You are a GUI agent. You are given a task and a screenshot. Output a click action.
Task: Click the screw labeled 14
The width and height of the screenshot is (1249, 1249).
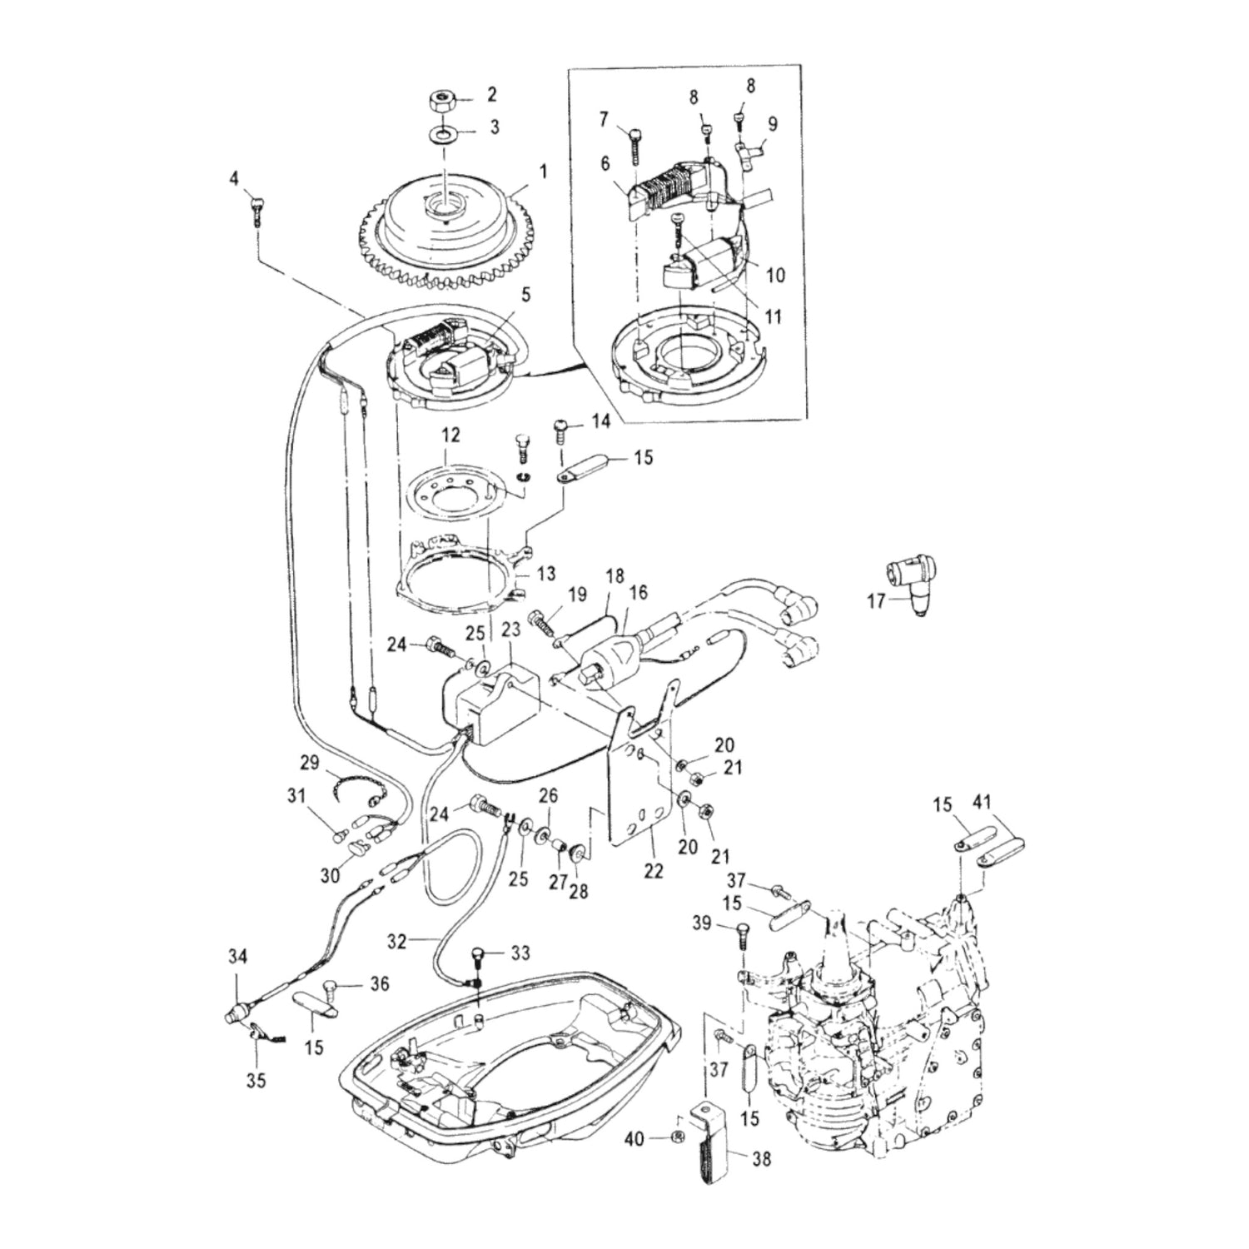click(x=560, y=435)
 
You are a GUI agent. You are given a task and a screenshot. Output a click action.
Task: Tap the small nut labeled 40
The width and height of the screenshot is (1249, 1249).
click(x=678, y=1137)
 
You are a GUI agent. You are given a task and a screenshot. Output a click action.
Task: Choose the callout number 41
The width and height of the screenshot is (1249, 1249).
click(x=983, y=804)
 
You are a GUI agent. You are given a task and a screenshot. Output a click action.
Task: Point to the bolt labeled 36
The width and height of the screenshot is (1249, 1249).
click(x=331, y=988)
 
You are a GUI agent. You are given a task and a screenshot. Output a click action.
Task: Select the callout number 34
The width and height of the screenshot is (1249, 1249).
click(x=237, y=958)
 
